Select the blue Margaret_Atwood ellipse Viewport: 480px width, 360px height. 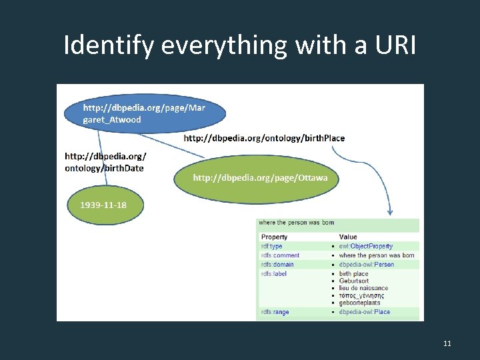click(145, 113)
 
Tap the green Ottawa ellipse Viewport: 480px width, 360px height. click(255, 177)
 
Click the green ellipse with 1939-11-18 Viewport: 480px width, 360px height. click(103, 205)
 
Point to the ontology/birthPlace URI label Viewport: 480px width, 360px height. click(264, 138)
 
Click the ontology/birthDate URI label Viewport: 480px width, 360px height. click(105, 162)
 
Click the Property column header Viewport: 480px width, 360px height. click(274, 237)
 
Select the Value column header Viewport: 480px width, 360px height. click(347, 237)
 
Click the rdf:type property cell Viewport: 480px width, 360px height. click(271, 246)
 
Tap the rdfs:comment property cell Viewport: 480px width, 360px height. click(280, 255)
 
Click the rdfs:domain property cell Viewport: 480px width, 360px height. click(277, 265)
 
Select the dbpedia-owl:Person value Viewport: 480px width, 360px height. click(366, 265)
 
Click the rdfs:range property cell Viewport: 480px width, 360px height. click(275, 312)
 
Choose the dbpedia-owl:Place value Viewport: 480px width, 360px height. click(364, 312)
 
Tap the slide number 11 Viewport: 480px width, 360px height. click(447, 343)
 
